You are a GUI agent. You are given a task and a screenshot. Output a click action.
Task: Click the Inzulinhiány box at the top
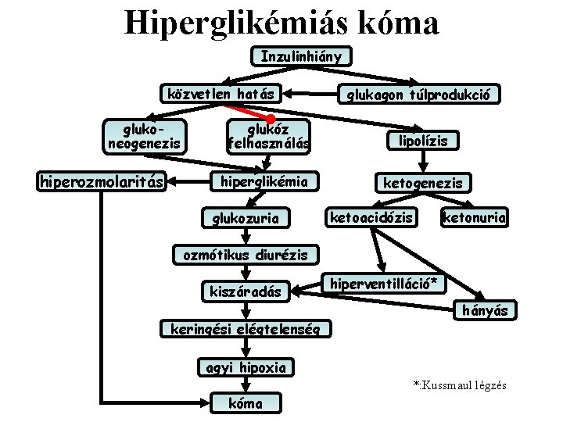pos(301,56)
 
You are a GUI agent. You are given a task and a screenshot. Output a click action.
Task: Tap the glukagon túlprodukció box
pos(418,95)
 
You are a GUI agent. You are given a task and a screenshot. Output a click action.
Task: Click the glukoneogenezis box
pos(144,135)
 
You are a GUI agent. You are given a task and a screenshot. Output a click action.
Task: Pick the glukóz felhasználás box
pos(268,135)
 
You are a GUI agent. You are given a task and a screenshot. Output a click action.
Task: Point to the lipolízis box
pos(423,141)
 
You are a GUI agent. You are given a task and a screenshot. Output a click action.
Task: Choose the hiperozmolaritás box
pos(102,182)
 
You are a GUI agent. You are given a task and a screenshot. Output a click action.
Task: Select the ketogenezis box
pos(422,183)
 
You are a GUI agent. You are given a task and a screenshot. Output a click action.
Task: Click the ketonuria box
pos(474,216)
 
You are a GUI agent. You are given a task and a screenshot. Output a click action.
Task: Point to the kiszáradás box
pos(245,291)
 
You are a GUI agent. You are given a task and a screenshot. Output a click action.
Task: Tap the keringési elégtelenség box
pos(245,328)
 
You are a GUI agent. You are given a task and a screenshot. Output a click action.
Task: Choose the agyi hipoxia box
pos(246,367)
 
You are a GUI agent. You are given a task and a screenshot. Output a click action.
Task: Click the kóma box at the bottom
pos(246,402)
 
